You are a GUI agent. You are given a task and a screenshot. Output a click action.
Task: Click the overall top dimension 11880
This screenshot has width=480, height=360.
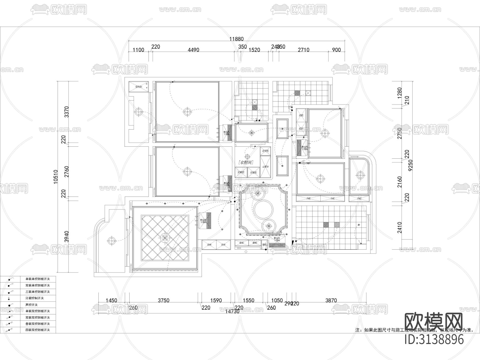pyautogui.click(x=237, y=39)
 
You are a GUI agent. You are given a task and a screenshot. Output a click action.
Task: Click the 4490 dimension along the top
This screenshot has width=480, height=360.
pyautogui.click(x=193, y=50)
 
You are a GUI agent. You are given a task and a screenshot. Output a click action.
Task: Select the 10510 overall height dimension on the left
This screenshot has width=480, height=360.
pyautogui.click(x=56, y=177)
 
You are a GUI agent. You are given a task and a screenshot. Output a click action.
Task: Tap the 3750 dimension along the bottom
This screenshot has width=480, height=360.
pyautogui.click(x=163, y=300)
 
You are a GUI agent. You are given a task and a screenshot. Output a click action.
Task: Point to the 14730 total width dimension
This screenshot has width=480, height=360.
pyautogui.click(x=232, y=311)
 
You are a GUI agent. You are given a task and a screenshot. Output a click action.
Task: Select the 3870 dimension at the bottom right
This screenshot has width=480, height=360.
pyautogui.click(x=331, y=300)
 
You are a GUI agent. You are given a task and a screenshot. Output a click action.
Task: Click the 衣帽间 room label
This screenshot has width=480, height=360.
pyautogui.click(x=245, y=162)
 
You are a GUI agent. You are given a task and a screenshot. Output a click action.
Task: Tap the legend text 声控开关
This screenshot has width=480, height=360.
pyautogui.click(x=31, y=305)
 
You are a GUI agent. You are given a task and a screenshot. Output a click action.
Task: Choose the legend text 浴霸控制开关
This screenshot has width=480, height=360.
pyautogui.click(x=34, y=298)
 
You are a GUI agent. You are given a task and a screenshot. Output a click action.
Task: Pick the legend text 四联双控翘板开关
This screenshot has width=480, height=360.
pyautogui.click(x=38, y=330)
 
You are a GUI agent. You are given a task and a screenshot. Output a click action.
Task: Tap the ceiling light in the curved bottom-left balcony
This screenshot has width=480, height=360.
pyautogui.click(x=111, y=241)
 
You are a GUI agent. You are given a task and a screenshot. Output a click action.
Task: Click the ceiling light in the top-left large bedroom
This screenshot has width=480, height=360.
pyautogui.click(x=187, y=111)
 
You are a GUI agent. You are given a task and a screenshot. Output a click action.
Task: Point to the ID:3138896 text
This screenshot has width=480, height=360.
pyautogui.click(x=434, y=339)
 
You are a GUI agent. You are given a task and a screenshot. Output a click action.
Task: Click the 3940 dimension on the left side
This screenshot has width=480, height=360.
pyautogui.click(x=67, y=237)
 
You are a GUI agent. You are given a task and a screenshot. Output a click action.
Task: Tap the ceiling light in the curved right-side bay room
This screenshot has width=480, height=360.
pyautogui.click(x=360, y=175)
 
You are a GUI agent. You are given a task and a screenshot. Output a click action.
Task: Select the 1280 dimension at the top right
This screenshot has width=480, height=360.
pyautogui.click(x=399, y=93)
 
